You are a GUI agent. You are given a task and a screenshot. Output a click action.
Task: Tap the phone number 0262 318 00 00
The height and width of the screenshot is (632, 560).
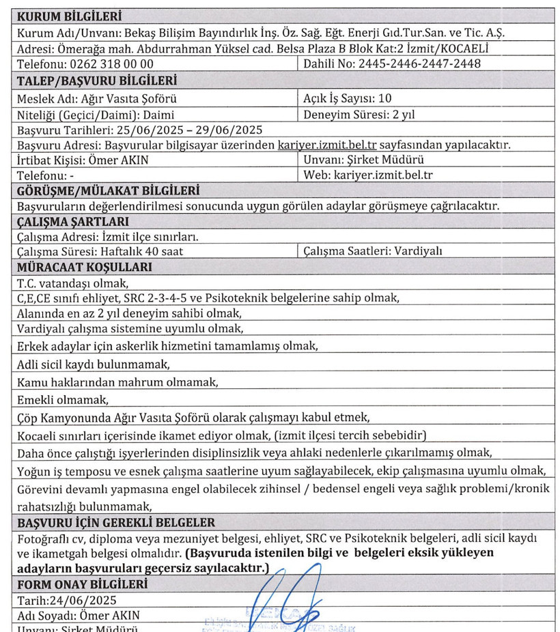[111, 64]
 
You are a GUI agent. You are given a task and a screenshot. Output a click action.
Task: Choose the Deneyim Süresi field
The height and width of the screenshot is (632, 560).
[359, 114]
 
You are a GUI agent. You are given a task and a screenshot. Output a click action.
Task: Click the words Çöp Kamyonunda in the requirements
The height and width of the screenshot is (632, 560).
[57, 416]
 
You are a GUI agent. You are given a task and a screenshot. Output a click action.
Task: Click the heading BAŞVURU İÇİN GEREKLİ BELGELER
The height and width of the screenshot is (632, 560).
[116, 522]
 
